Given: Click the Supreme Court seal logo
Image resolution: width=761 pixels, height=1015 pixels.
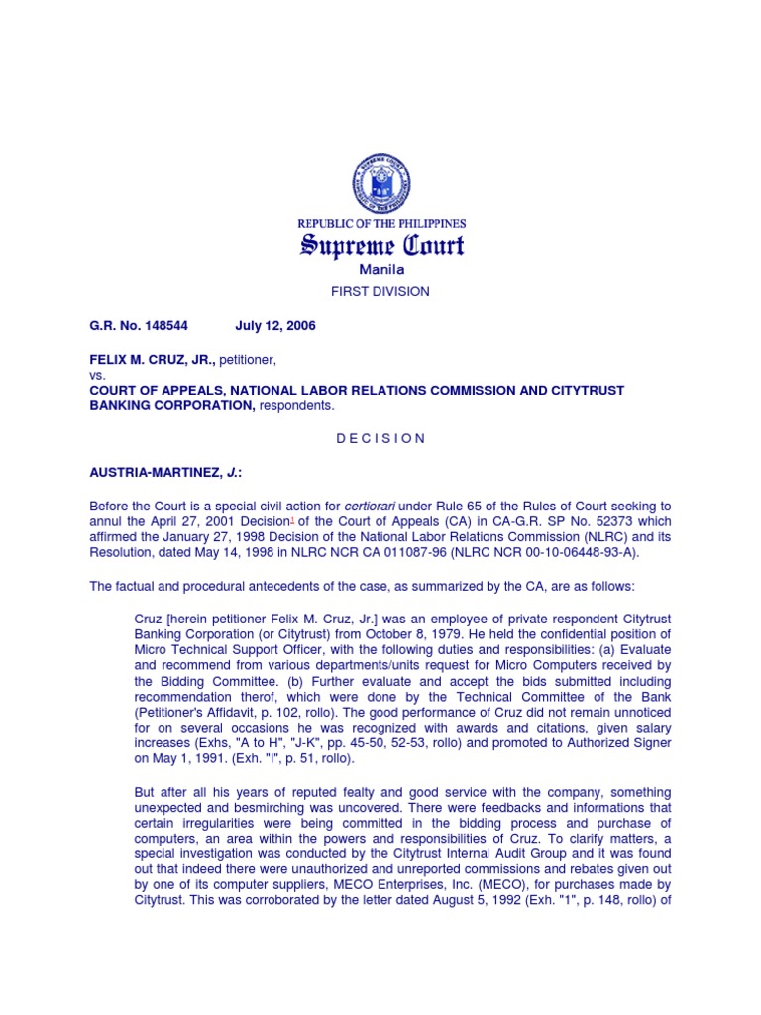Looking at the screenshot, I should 380,184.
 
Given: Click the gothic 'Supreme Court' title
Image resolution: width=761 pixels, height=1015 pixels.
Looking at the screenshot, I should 381,245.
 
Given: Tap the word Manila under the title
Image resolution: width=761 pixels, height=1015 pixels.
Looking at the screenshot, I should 380,269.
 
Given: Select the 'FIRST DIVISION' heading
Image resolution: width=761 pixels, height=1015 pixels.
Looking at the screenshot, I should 380,291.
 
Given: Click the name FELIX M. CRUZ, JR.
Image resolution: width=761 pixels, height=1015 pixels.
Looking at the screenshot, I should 152,358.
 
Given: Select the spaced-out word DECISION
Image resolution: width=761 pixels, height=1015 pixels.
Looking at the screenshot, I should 380,438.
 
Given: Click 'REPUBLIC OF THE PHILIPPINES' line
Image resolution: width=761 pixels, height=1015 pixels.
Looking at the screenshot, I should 381,224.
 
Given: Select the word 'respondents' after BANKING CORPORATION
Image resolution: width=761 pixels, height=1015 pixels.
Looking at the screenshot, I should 296,405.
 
